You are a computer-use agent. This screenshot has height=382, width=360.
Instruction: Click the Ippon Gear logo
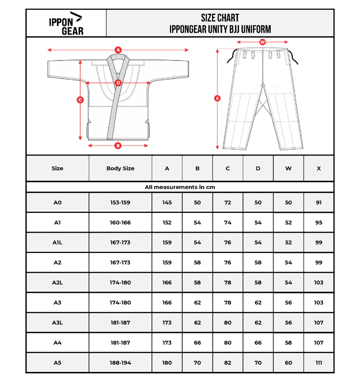[66, 23]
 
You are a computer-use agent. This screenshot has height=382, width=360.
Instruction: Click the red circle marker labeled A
[118, 50]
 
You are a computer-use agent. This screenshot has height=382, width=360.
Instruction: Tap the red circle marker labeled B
[118, 146]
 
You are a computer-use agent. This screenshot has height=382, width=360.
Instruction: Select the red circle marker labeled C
[80, 100]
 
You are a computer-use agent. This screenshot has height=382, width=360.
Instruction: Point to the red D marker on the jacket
[118, 82]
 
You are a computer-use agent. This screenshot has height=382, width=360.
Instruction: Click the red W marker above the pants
[263, 42]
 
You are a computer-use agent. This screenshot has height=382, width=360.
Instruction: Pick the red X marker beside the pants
[218, 99]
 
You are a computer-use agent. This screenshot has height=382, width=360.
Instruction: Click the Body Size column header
[120, 168]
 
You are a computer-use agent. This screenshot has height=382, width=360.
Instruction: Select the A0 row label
[57, 202]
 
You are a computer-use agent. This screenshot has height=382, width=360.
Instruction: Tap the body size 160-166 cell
[120, 222]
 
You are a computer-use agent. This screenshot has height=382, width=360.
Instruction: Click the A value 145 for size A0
[167, 202]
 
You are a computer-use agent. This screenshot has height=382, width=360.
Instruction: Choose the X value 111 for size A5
[318, 363]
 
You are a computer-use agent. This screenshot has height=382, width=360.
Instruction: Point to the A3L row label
[57, 323]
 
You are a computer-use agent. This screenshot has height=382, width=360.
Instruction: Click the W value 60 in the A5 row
[288, 363]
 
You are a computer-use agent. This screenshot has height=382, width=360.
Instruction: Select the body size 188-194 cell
[120, 363]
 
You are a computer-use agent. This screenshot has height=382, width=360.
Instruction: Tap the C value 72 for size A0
[227, 202]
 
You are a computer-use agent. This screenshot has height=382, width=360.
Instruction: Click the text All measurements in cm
[180, 187]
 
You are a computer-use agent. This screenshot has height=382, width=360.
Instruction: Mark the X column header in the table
[318, 168]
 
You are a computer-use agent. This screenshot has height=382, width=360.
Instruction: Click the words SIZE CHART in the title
[220, 18]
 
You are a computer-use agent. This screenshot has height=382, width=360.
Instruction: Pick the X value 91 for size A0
[318, 202]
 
